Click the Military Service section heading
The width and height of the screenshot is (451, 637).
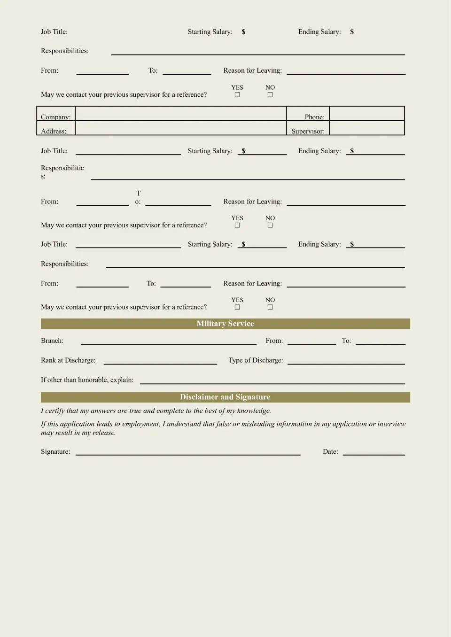coord(225,324)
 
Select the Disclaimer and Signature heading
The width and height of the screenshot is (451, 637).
coord(225,397)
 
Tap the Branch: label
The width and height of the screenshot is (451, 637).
coord(52,341)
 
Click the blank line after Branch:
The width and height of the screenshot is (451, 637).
coord(168,342)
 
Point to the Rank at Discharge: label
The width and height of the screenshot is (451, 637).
coord(68,360)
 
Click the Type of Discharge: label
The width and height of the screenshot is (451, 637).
coord(256,360)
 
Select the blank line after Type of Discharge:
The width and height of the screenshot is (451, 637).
coord(346,361)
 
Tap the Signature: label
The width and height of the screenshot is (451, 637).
coord(55,451)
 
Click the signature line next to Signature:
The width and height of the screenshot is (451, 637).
coord(188,452)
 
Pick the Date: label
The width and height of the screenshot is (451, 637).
coord(330,451)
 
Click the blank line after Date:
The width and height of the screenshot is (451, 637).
coord(373,452)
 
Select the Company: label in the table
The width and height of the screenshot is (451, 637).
coord(55,117)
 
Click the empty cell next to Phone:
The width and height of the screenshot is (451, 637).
coord(366,114)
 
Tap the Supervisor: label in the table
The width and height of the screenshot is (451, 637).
coord(308,131)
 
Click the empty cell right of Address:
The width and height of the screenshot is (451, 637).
coord(180,128)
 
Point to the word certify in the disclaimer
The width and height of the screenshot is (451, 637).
coord(55,411)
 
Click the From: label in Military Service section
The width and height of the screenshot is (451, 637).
coord(274,341)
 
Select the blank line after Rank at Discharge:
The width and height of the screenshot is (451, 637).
coord(160,361)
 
